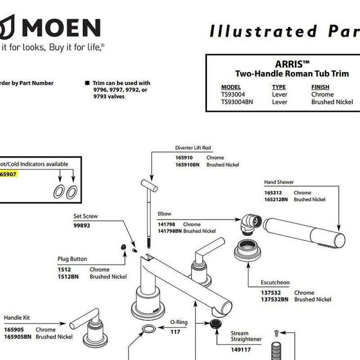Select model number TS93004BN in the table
point(237,102)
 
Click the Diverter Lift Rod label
point(193,148)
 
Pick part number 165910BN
point(187,165)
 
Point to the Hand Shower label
point(279,182)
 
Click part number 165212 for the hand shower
point(273,193)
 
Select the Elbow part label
point(164,214)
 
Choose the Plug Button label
point(72,259)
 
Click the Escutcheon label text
point(275,283)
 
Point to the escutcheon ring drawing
point(249,251)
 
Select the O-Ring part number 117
point(175,332)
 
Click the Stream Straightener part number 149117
point(240,350)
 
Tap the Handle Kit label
point(17,318)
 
